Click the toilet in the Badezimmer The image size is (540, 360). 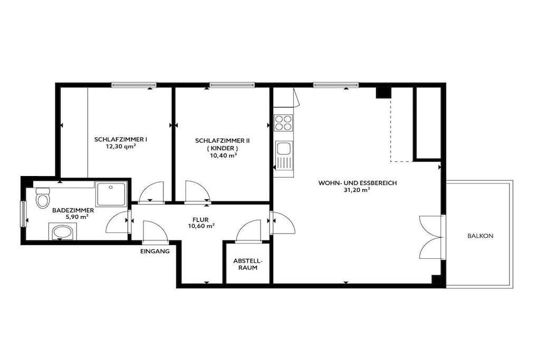(x=42, y=198)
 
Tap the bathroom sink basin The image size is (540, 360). (x=62, y=232)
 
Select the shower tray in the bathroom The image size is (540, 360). (x=111, y=194)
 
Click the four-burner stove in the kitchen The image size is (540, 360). (x=283, y=123)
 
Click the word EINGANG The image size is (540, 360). (x=155, y=251)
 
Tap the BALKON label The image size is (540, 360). (x=480, y=236)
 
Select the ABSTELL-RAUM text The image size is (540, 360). (x=248, y=264)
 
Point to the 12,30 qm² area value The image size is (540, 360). (x=121, y=147)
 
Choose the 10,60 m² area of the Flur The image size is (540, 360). (x=201, y=226)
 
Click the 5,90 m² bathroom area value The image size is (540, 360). (x=77, y=217)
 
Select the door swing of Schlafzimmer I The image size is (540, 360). (x=151, y=192)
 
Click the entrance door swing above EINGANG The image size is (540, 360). (x=156, y=231)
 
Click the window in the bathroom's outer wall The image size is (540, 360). (x=23, y=213)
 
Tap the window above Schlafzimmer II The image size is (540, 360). (x=233, y=85)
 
